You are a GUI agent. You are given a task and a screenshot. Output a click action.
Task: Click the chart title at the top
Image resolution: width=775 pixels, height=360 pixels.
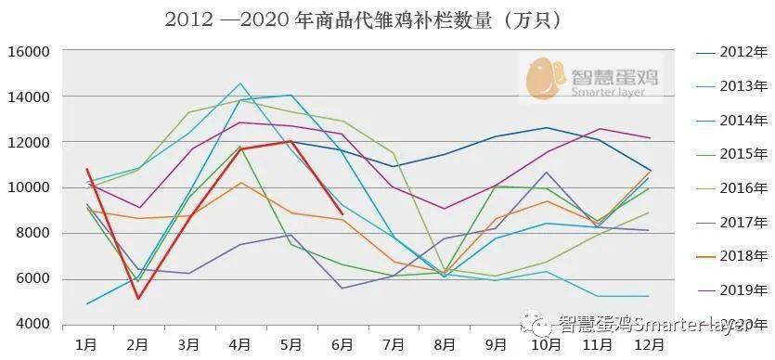[x=363, y=19]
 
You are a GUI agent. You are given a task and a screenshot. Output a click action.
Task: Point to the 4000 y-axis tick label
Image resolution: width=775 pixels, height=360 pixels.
[x=31, y=325]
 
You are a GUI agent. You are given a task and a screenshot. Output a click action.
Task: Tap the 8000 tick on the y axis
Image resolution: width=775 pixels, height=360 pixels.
[x=31, y=234]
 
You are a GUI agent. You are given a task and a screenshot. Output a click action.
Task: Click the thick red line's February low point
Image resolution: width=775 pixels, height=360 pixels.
[x=138, y=298]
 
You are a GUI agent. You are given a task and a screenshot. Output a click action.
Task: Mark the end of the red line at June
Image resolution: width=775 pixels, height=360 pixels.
[x=342, y=214]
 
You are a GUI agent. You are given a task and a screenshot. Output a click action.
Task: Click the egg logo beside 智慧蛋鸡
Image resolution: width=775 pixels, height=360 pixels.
[x=547, y=78]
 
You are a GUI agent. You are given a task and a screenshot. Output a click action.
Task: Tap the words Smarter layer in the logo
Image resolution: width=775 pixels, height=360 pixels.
[x=615, y=92]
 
